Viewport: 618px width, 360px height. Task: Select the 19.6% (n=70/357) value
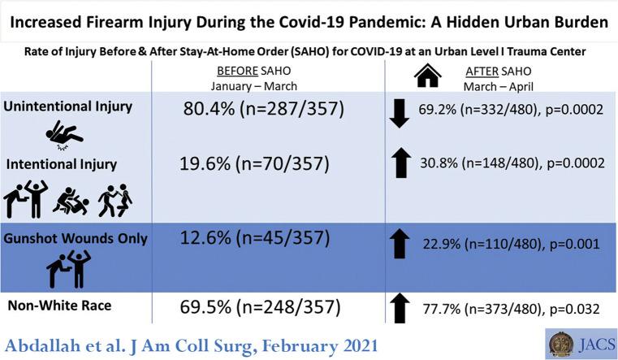click(x=254, y=163)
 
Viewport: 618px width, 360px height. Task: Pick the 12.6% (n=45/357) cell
click(x=254, y=238)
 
